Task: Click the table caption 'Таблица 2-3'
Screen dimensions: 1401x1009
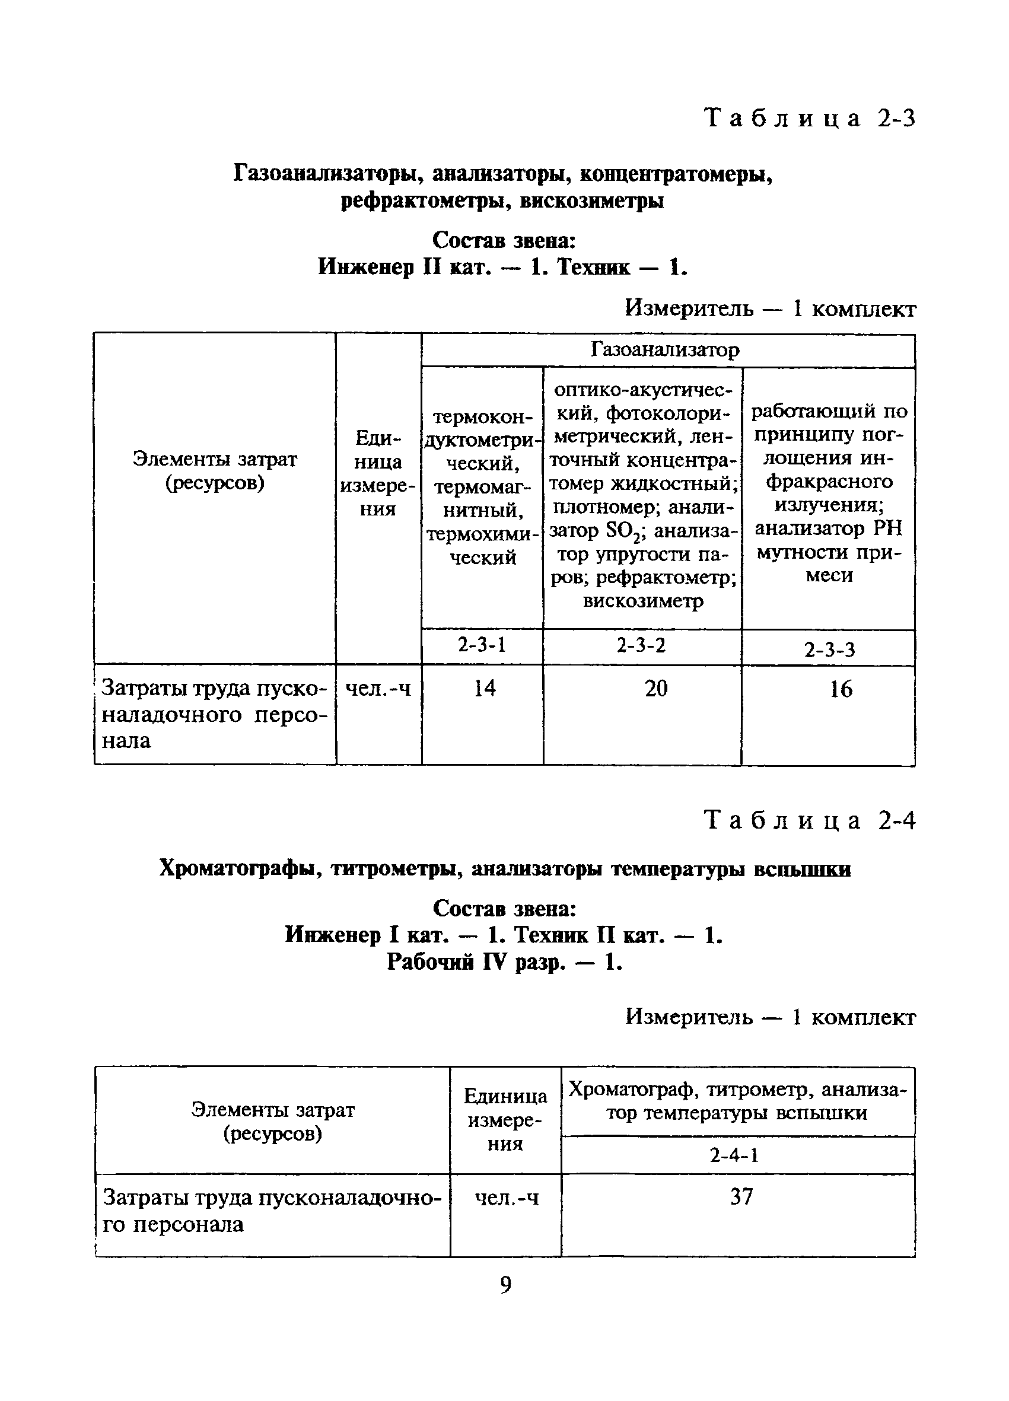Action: [810, 117]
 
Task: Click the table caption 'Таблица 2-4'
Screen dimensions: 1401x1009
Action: [810, 821]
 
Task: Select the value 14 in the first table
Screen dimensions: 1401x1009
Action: [485, 687]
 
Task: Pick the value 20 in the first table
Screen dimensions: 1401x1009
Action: [655, 688]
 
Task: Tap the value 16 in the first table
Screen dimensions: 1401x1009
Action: [841, 689]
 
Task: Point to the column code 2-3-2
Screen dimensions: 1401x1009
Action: [641, 645]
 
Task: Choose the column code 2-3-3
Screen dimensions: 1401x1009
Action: [829, 649]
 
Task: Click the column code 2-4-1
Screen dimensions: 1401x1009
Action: [734, 1155]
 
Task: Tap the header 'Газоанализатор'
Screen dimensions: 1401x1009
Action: [665, 350]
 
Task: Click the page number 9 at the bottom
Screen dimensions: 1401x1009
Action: [505, 1285]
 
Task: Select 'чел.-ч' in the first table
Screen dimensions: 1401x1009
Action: [377, 687]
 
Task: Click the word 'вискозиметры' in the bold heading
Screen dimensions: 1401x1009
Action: [591, 202]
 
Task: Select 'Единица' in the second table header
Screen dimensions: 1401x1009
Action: [505, 1096]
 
